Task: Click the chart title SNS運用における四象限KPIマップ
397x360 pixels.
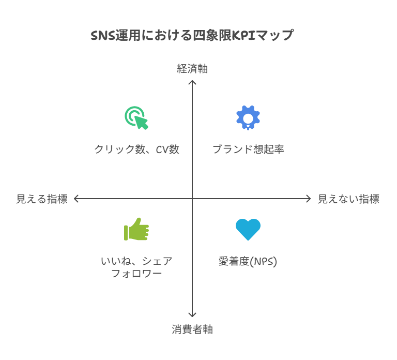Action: tap(192, 36)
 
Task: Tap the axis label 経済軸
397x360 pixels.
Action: tap(192, 69)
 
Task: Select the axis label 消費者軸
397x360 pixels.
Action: tap(192, 329)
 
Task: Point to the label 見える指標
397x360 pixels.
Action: tap(41, 199)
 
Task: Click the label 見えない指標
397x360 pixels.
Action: tap(348, 199)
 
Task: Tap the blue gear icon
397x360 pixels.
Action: tap(248, 117)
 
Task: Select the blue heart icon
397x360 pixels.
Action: tap(248, 229)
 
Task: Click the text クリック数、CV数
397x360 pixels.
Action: tap(136, 149)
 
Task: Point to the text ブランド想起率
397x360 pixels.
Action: tap(248, 149)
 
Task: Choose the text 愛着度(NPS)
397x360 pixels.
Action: tap(248, 261)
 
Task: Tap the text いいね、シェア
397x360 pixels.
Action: tap(136, 261)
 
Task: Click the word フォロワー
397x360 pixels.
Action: tap(136, 273)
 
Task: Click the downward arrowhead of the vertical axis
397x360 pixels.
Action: tap(192, 315)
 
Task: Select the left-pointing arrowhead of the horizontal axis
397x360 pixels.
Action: tap(76, 199)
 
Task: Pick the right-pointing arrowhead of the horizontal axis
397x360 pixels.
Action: tap(309, 199)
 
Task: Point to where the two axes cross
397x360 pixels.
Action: tap(192, 199)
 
